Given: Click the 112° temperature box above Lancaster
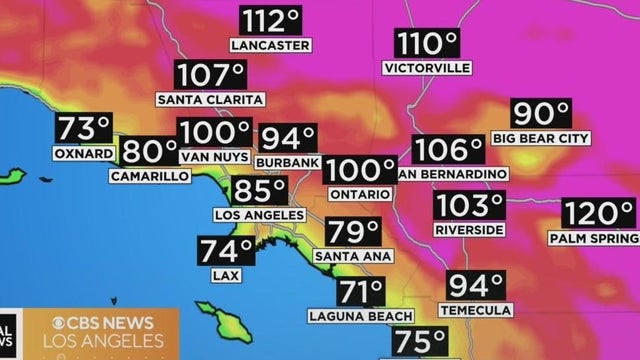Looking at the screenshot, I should click(x=270, y=21).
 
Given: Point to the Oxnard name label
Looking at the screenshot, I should click(x=83, y=155).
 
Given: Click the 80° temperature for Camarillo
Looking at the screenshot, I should click(x=149, y=151).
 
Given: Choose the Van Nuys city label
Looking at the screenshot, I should click(x=214, y=157).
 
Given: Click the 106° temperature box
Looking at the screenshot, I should click(x=449, y=150).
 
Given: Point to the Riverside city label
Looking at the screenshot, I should click(x=470, y=229).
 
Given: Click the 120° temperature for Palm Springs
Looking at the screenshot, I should click(x=598, y=214).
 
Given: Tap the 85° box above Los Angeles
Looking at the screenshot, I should click(x=259, y=191).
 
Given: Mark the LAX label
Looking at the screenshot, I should click(x=226, y=274).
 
